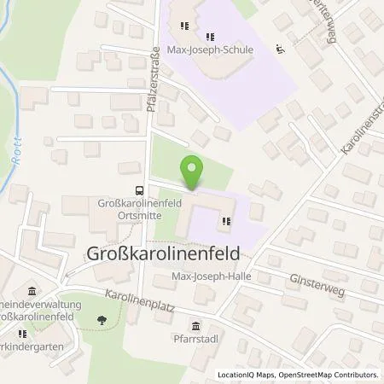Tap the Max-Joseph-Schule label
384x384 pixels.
coord(209,49)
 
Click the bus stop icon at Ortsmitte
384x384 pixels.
coord(137,191)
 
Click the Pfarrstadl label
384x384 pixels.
coord(196,340)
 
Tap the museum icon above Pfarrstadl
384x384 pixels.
coord(197,325)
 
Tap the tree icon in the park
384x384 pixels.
coord(103,321)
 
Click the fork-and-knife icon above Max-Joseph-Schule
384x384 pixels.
coord(209,36)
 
